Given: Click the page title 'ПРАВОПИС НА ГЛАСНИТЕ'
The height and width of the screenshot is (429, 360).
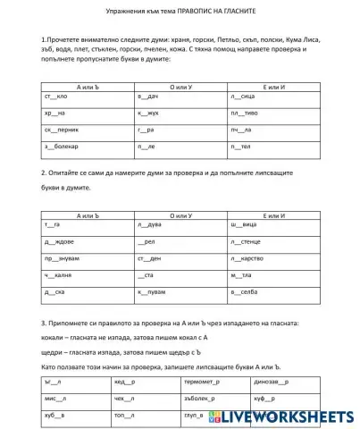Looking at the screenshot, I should click(222, 11).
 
